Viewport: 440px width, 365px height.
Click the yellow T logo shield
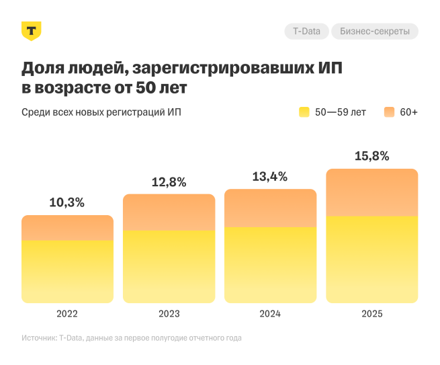click(x=32, y=31)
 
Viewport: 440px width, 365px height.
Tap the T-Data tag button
click(x=306, y=31)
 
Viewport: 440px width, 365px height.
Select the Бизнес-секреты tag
click(x=375, y=31)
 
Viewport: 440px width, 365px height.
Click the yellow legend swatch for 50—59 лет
click(x=304, y=112)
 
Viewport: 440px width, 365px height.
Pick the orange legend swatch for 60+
click(x=389, y=112)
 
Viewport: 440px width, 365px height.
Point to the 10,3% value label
click(x=67, y=202)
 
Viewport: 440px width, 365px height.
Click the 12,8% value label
click(x=169, y=181)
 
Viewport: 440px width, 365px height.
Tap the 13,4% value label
click(x=270, y=177)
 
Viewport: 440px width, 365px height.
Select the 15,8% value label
click(x=371, y=156)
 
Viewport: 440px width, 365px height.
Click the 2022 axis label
click(x=67, y=314)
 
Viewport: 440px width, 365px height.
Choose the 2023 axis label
click(x=169, y=314)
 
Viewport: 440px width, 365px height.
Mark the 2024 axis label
click(x=270, y=314)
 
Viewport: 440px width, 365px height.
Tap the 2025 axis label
click(x=371, y=314)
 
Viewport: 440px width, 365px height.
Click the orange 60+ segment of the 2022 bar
click(x=67, y=228)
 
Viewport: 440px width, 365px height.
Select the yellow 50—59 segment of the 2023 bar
click(x=169, y=266)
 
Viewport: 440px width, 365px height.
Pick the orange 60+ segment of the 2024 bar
click(x=270, y=208)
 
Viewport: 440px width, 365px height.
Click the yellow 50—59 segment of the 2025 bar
click(x=371, y=259)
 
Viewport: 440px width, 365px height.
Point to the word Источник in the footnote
click(x=39, y=338)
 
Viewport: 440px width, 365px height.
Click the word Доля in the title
click(x=44, y=69)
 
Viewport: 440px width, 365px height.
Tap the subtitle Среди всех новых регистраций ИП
click(x=101, y=112)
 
